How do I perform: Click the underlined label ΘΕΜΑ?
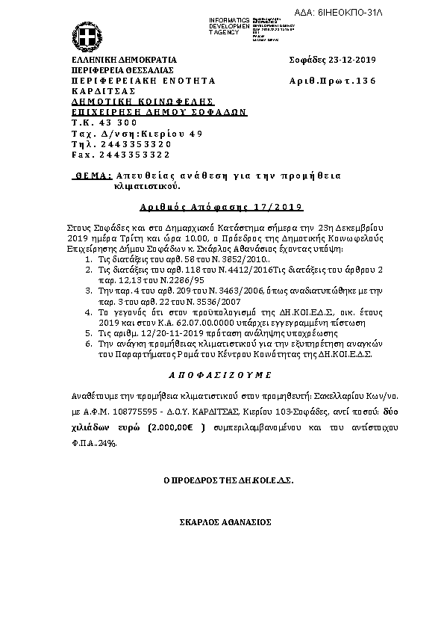(95, 174)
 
